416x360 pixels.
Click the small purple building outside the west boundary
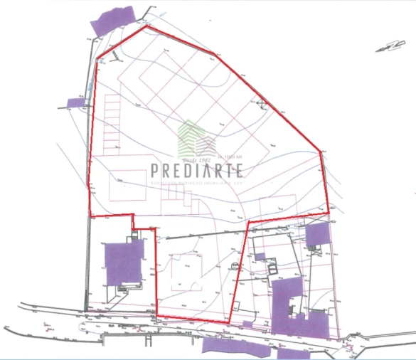[x=75, y=102]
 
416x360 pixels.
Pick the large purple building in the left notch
[x=124, y=263]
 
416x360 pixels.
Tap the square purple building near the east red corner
[x=315, y=235]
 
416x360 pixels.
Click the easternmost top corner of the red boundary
[x=321, y=154]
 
